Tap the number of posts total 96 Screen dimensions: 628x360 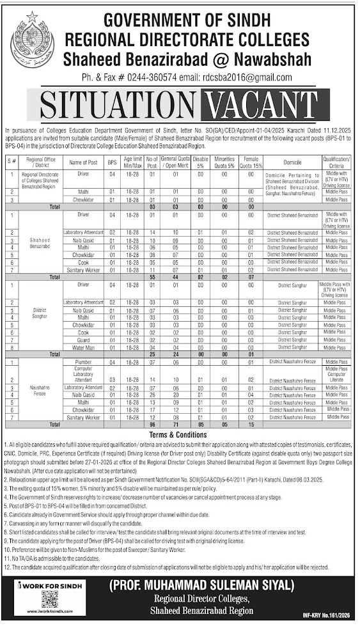click(x=152, y=423)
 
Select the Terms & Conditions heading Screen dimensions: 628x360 click(x=180, y=434)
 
